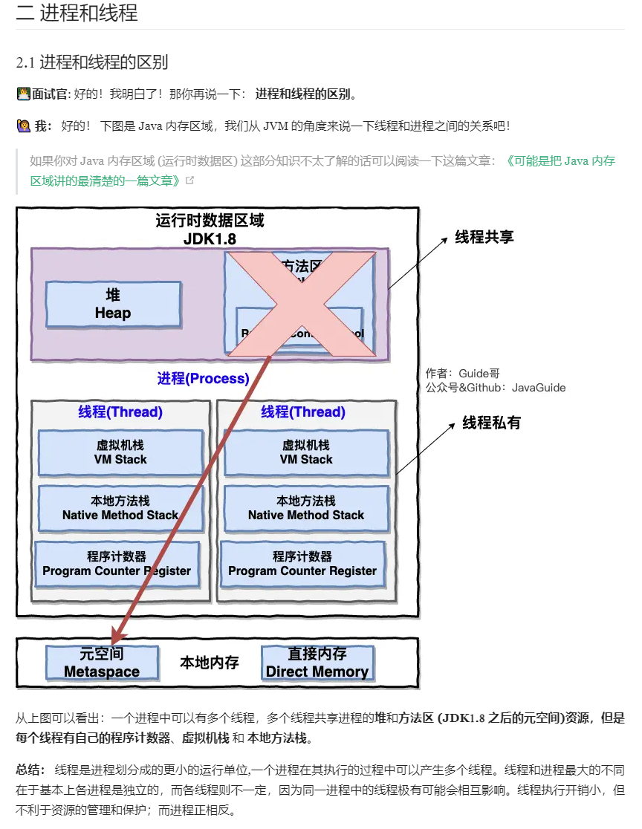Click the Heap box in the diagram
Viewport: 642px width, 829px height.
click(113, 305)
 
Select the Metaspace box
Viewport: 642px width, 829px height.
click(102, 663)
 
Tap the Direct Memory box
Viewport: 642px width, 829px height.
click(317, 663)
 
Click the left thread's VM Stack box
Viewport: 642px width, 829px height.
click(120, 452)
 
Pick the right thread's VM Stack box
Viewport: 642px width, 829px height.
click(306, 452)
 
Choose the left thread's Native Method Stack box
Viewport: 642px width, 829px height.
click(120, 508)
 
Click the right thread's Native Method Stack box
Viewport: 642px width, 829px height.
click(306, 508)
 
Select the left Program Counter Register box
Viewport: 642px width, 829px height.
click(117, 564)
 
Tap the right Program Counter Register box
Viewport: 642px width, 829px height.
click(302, 564)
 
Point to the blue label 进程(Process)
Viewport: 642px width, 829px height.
click(203, 379)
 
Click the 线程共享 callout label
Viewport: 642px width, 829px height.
click(484, 238)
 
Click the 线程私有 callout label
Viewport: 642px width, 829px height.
click(492, 423)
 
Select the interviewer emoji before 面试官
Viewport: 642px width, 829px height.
click(23, 94)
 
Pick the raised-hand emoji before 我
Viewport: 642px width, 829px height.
click(23, 126)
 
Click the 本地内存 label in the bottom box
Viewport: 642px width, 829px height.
click(210, 663)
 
